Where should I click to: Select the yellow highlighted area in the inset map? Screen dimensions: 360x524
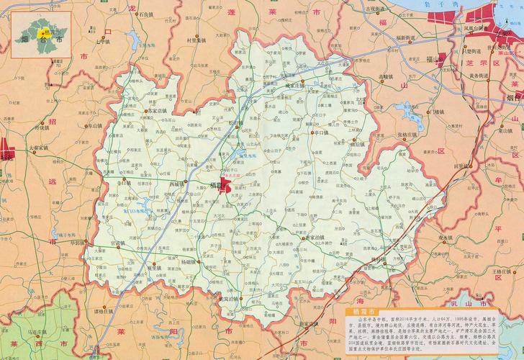click(x=41, y=30)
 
